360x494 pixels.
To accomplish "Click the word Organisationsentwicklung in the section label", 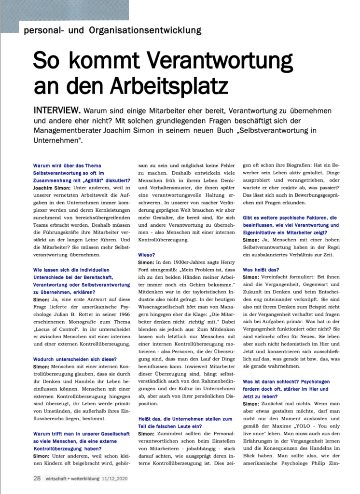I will [x=145, y=31].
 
